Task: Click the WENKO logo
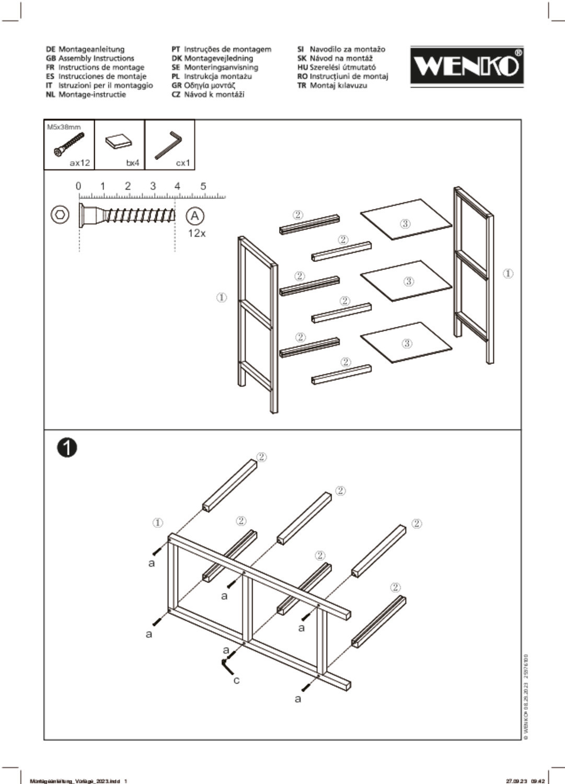(x=466, y=66)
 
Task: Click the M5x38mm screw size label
(x=64, y=127)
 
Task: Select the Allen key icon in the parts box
(x=168, y=145)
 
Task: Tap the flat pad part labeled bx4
(x=118, y=142)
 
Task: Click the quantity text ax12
(x=80, y=163)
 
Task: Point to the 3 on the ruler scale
(x=153, y=186)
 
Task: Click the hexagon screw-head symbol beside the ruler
(x=60, y=215)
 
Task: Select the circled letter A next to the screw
(x=195, y=216)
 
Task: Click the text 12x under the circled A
(x=197, y=233)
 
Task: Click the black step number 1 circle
(x=67, y=447)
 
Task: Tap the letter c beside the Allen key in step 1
(x=236, y=680)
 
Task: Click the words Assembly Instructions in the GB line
(x=96, y=58)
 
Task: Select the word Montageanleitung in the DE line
(x=91, y=49)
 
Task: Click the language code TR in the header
(x=302, y=85)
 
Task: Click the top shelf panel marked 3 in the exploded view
(x=406, y=220)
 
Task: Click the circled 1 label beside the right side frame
(x=508, y=273)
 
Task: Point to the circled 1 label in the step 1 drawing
(x=158, y=522)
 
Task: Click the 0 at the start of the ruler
(x=78, y=186)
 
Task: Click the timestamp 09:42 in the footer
(x=538, y=781)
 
